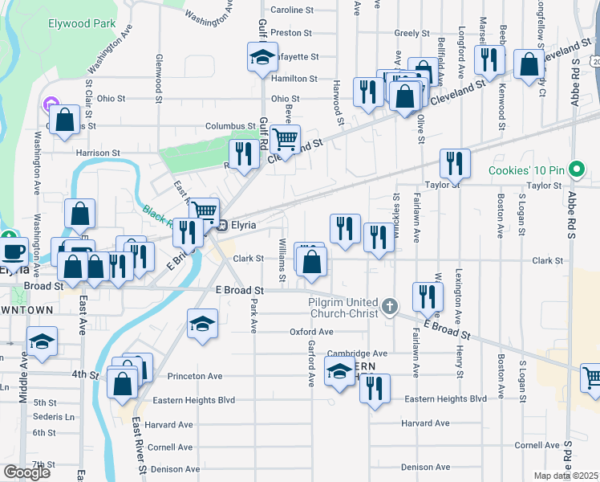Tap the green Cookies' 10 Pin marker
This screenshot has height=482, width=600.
tap(575, 170)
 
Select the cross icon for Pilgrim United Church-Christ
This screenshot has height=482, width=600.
tap(390, 306)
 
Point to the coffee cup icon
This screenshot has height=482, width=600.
tap(12, 251)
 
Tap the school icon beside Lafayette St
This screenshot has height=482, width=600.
tap(261, 58)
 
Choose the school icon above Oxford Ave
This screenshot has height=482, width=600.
tap(202, 324)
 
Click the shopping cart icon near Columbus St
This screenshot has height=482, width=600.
tap(285, 139)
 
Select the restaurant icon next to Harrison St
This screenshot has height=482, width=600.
tap(242, 153)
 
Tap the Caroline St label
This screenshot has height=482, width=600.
tap(292, 10)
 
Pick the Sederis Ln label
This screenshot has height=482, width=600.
tap(54, 417)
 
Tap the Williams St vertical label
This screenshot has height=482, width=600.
tap(282, 260)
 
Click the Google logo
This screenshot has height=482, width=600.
tap(26, 472)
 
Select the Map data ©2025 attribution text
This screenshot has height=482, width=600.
tap(566, 476)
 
